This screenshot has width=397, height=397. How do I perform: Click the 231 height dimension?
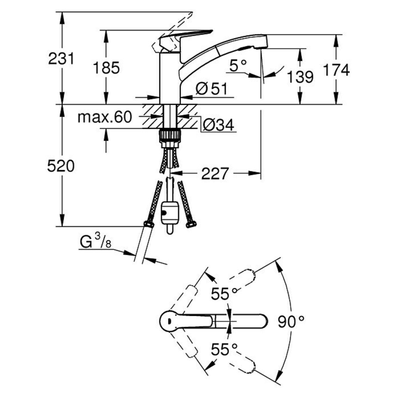click(62, 59)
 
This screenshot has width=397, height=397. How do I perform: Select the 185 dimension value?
click(106, 68)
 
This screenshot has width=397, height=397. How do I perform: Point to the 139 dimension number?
click(300, 77)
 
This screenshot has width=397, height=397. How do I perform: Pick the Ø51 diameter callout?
click(211, 89)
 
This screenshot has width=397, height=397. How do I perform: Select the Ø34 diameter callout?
click(218, 125)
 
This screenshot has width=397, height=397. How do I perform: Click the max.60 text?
click(105, 117)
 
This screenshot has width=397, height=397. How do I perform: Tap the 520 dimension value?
click(61, 166)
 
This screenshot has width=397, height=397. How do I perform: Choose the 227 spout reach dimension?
click(215, 174)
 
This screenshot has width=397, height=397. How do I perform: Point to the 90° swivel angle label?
click(291, 321)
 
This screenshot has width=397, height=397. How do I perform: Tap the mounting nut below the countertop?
click(170, 136)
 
